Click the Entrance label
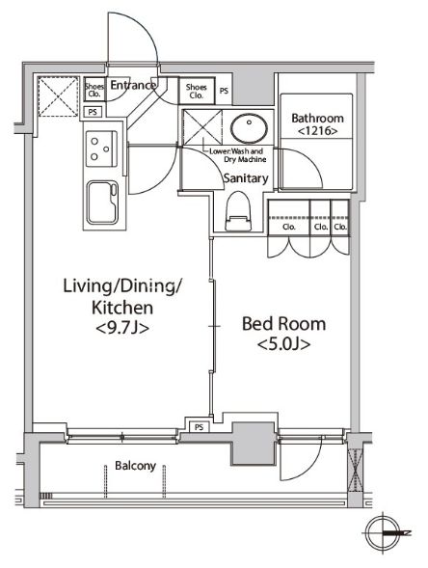pyautogui.click(x=133, y=85)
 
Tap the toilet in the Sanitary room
pyautogui.click(x=239, y=211)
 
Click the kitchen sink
pyautogui.click(x=102, y=203)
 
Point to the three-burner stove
pyautogui.click(x=101, y=149)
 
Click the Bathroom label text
pyautogui.click(x=317, y=118)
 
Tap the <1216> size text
pyautogui.click(x=317, y=131)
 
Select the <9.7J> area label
pyautogui.click(x=122, y=328)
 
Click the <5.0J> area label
pyautogui.click(x=283, y=344)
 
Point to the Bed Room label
pyautogui.click(x=283, y=324)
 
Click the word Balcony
pyautogui.click(x=135, y=466)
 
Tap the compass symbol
pyautogui.click(x=384, y=533)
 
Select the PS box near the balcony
pyautogui.click(x=200, y=427)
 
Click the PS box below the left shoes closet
pyautogui.click(x=93, y=112)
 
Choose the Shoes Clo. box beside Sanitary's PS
pyautogui.click(x=197, y=91)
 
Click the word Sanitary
pyautogui.click(x=246, y=178)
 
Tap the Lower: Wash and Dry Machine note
pyautogui.click(x=237, y=155)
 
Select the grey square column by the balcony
pyautogui.click(x=254, y=444)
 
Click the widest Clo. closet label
pyautogui.click(x=289, y=227)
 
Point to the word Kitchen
pyautogui.click(x=122, y=308)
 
